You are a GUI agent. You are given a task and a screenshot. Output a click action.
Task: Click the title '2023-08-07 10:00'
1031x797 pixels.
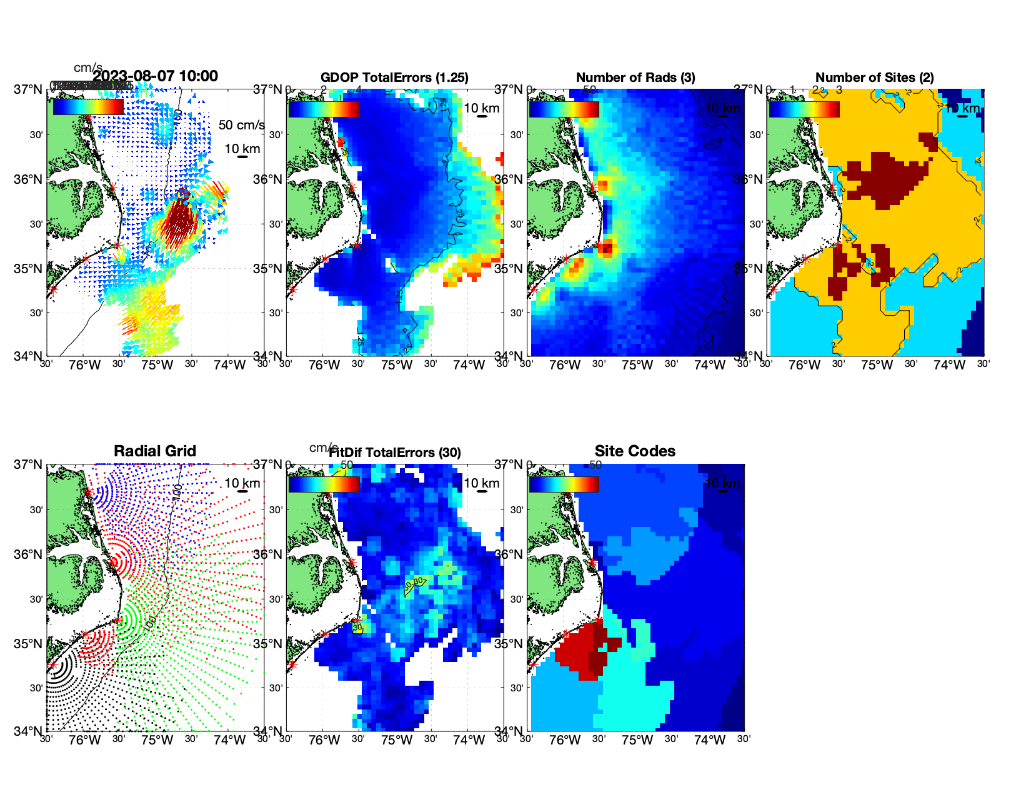[155, 76]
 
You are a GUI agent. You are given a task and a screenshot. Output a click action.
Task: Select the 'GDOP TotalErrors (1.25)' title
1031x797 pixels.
[394, 78]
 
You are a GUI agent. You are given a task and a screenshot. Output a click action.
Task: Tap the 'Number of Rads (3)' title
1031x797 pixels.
[635, 78]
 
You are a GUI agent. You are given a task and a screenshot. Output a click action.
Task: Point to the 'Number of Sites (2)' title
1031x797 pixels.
[874, 78]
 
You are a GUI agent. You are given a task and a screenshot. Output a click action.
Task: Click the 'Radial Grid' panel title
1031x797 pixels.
[155, 451]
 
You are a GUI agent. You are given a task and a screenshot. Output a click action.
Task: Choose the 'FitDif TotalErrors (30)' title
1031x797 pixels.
[395, 453]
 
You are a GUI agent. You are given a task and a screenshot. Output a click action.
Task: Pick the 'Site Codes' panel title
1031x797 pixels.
[635, 451]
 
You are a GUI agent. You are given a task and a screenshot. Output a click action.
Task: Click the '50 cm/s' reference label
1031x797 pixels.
[241, 125]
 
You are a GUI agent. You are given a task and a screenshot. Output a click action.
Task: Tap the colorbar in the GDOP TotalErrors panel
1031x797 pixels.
[324, 109]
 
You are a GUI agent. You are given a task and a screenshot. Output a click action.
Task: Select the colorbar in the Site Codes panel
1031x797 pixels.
[564, 484]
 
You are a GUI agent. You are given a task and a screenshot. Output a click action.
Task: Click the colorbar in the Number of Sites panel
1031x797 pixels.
[804, 109]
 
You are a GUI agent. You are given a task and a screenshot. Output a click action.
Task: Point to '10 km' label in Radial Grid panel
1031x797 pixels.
[242, 483]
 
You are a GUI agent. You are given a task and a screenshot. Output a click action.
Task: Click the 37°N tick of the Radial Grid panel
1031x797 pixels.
[29, 464]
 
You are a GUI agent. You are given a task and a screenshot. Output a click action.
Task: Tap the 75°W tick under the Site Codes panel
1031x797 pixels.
[637, 741]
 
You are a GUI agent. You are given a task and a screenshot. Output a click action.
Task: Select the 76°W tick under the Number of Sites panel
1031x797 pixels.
[805, 366]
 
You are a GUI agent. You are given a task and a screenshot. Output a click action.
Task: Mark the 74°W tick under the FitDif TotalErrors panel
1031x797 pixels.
[469, 741]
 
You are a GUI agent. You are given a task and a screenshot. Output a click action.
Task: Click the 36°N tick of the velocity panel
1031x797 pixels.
[29, 179]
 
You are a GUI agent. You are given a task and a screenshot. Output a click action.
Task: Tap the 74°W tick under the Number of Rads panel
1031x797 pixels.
[709, 366]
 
